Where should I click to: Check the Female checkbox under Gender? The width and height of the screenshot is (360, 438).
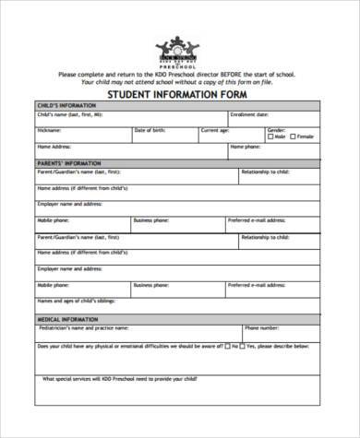pos(293,136)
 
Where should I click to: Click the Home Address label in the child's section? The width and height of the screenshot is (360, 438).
pos(54,146)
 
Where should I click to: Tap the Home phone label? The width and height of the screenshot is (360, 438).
pos(245,146)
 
